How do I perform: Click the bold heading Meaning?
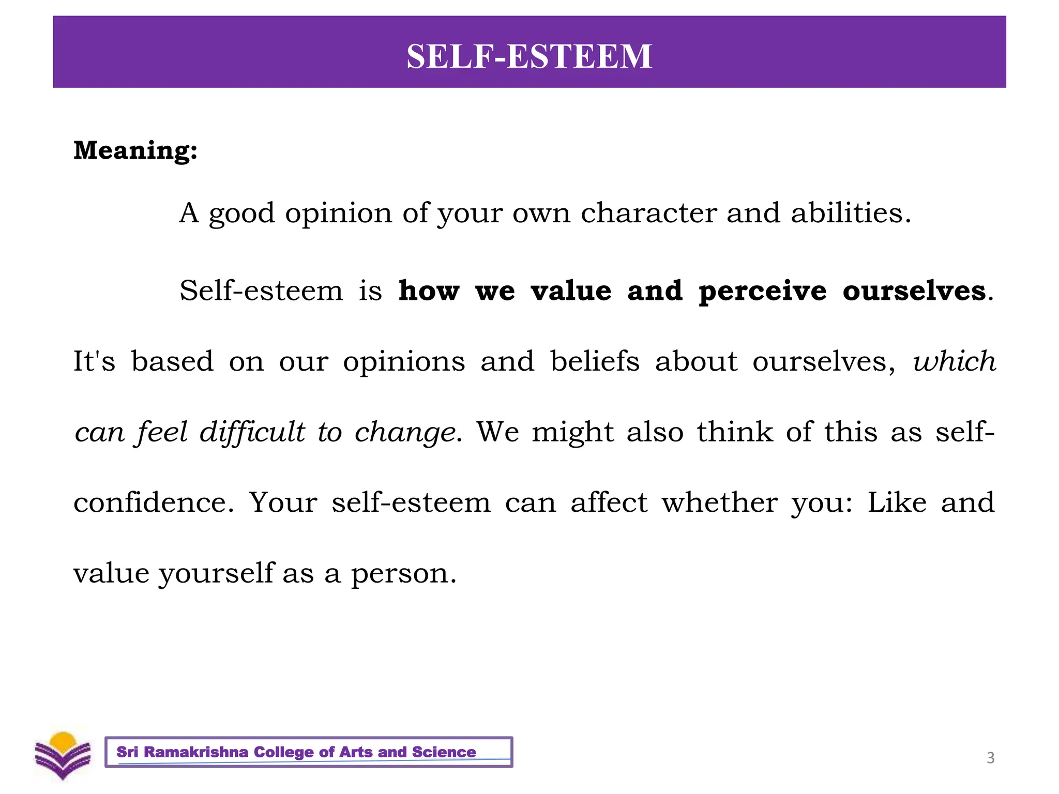pos(135,150)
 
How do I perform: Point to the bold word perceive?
pos(762,292)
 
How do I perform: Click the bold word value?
pos(571,291)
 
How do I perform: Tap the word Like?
pos(897,502)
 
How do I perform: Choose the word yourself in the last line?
pos(216,574)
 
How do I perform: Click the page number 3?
pos(990,758)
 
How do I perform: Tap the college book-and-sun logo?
pos(63,755)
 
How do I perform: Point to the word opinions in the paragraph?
pos(404,362)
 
